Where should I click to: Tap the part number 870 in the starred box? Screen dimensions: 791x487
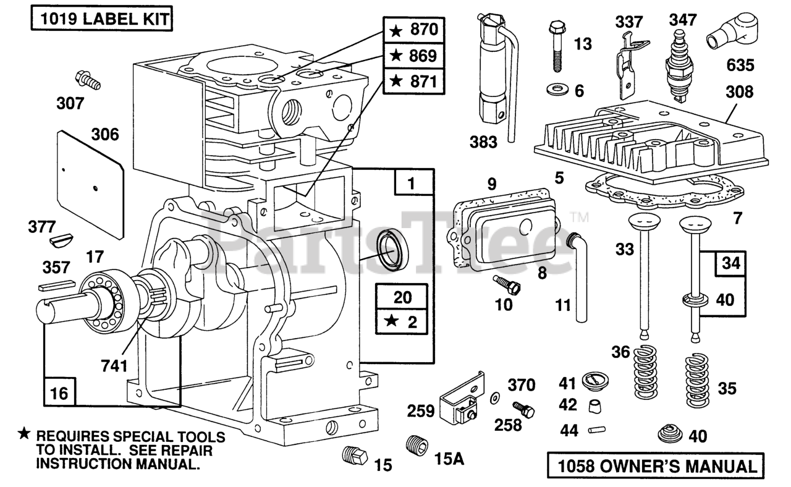pos(424,29)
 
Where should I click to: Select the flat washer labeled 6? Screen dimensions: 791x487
pos(557,90)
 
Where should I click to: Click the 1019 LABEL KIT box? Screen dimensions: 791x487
pos(102,19)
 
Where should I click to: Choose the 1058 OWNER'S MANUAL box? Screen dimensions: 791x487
pos(656,465)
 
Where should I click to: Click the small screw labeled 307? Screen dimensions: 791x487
pos(88,80)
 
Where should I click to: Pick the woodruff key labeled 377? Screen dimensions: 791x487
pos(61,241)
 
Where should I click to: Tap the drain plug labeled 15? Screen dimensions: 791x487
pos(355,456)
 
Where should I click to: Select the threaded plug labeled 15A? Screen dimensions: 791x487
pos(417,446)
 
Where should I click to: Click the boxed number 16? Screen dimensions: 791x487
pos(59,392)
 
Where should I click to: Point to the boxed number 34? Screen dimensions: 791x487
pos(730,263)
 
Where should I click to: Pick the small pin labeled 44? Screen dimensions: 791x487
pos(597,430)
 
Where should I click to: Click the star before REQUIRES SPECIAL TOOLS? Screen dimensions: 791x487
pos(24,433)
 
